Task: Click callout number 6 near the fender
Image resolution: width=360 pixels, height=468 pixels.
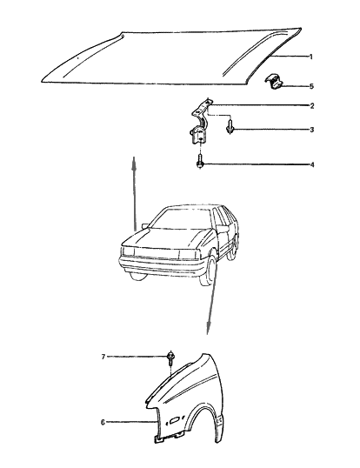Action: click(102, 424)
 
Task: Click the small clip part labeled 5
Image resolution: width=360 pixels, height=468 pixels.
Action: click(277, 84)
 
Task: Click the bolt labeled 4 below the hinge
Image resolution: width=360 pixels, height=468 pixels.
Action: click(202, 162)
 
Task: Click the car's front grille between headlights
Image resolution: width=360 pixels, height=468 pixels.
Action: click(157, 253)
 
